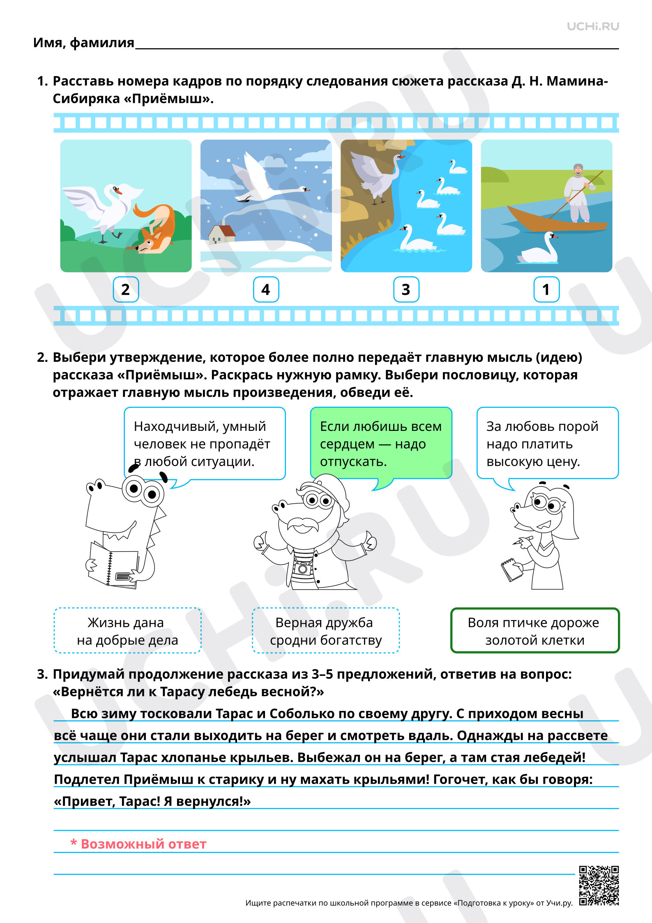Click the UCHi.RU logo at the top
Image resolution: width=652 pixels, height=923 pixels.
click(592, 26)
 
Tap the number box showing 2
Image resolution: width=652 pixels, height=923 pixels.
click(126, 289)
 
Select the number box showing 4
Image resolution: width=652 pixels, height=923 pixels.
click(266, 289)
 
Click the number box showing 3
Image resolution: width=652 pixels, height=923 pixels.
click(406, 289)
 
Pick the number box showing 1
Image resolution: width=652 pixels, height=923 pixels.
click(546, 289)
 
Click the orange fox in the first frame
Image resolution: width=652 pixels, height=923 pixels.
click(154, 230)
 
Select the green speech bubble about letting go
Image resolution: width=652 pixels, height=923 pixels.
click(381, 444)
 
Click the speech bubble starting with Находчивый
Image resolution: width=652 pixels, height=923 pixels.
click(204, 444)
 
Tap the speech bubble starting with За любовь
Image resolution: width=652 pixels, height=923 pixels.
click(547, 444)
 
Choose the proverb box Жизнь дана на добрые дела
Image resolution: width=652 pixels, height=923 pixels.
click(127, 631)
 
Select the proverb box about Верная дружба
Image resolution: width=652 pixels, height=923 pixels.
click(325, 631)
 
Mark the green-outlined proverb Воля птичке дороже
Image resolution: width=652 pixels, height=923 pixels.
click(535, 631)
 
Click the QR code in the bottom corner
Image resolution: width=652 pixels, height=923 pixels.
click(599, 885)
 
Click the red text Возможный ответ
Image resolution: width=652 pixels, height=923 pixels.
click(138, 844)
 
